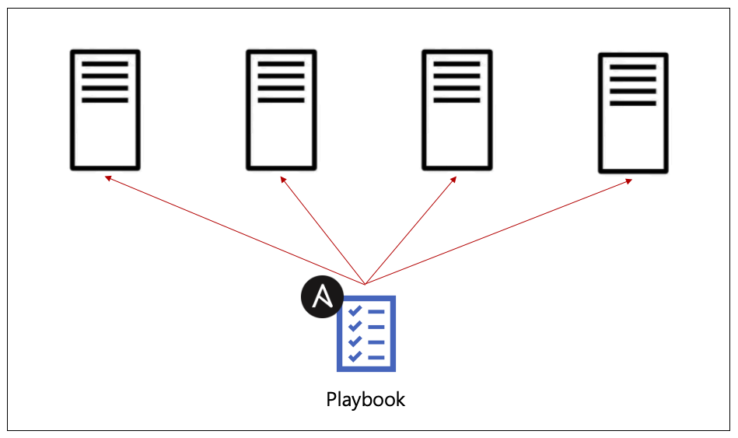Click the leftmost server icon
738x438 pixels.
105,110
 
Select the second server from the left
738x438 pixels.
281,110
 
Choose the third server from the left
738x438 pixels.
456,110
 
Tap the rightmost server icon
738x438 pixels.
633,113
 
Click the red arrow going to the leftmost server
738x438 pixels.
233,230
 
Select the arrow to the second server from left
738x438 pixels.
322,230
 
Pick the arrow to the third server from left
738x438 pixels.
411,230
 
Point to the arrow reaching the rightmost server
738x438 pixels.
498,232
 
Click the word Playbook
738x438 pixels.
366,400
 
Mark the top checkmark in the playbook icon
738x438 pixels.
355,312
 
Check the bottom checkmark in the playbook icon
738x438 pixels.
355,356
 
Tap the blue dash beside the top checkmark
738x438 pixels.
376,312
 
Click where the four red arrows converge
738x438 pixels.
365,284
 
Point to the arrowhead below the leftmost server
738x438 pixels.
108,178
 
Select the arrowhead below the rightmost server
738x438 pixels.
628,181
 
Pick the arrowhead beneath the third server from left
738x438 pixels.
453,180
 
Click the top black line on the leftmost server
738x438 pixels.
105,64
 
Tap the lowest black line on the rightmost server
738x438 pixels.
633,103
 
